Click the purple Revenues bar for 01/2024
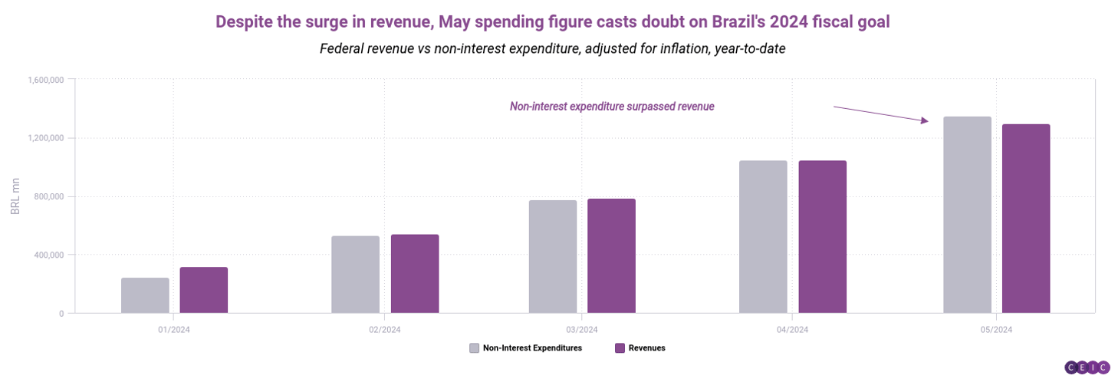(x=204, y=290)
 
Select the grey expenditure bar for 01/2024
(x=145, y=295)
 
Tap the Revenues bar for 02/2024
(x=415, y=274)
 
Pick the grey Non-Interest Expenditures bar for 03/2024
(x=553, y=256)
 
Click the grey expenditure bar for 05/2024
(x=967, y=215)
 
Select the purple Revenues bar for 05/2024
(x=1026, y=219)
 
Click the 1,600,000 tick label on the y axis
(x=46, y=80)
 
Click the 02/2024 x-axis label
(x=385, y=330)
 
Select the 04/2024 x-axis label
(x=792, y=330)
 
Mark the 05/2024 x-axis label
(x=996, y=330)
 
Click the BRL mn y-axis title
(x=15, y=196)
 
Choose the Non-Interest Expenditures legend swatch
(x=475, y=348)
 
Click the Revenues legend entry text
(x=646, y=348)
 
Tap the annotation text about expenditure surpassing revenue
(x=612, y=107)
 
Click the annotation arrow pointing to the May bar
(x=880, y=114)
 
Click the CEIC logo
(x=1087, y=367)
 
